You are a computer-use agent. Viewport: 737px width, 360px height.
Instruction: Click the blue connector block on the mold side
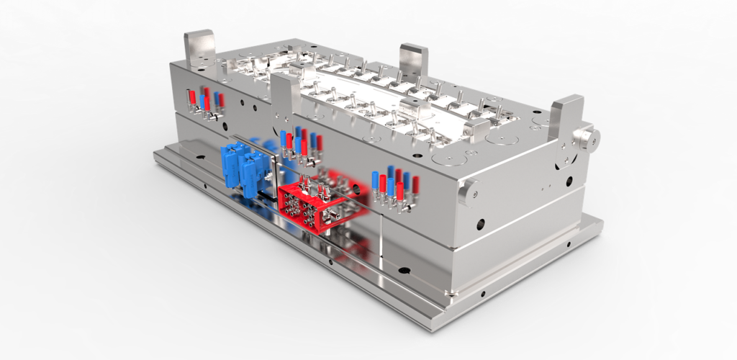pos(243,168)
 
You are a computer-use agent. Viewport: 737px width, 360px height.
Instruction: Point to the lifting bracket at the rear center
pos(413,60)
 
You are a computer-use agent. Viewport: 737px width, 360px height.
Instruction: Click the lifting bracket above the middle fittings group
pos(286,91)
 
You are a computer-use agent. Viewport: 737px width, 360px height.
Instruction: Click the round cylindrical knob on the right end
pos(586,137)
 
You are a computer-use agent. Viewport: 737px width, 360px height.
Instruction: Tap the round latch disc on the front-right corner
pos(468,190)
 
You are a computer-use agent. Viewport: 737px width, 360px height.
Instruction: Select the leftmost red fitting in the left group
pos(192,96)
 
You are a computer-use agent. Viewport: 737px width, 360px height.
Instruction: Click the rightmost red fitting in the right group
pos(415,185)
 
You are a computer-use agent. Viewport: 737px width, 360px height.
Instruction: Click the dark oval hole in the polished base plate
pos(403,271)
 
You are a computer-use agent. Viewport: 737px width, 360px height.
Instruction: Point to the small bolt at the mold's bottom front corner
pos(451,292)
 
